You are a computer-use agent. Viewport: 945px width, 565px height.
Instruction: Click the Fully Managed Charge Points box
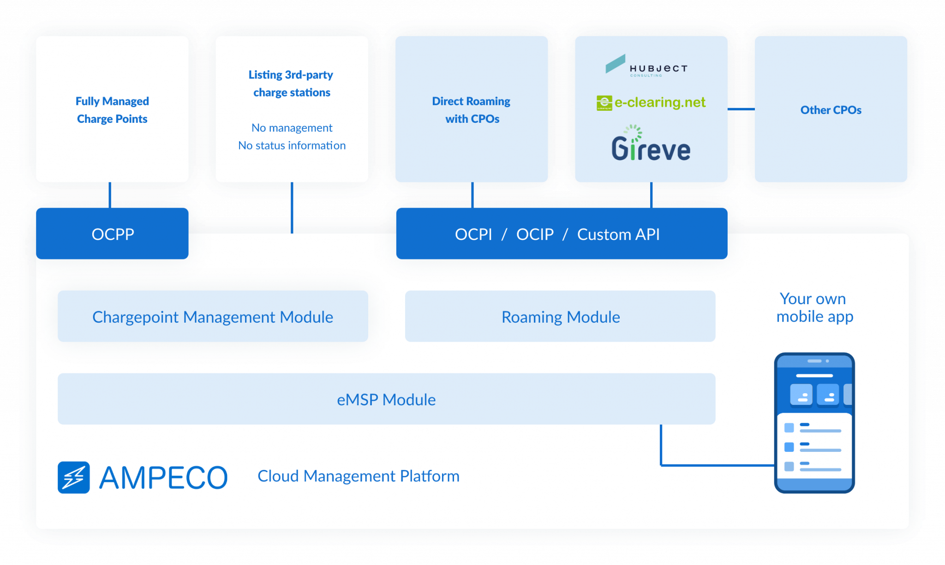[x=112, y=109]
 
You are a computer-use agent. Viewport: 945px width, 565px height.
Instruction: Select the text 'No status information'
[x=292, y=145]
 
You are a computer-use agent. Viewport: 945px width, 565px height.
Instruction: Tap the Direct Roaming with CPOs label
[x=472, y=110]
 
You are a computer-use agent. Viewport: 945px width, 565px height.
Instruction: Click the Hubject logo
[x=646, y=66]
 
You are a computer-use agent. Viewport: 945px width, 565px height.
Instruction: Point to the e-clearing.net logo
[x=651, y=102]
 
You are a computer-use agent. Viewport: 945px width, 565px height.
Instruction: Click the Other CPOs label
[x=831, y=110]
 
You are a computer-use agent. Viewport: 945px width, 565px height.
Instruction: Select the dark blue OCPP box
[x=112, y=234]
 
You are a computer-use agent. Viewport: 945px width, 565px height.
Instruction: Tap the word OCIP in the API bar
[x=535, y=234]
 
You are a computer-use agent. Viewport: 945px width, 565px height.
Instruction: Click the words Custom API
[x=618, y=234]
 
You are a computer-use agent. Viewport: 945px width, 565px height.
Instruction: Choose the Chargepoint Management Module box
[x=213, y=317]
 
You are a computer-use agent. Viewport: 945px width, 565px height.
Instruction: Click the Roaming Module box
[x=560, y=317]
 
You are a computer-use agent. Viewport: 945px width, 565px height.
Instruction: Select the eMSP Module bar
[x=386, y=399]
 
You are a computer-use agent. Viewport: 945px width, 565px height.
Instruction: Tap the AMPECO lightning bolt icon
[x=74, y=477]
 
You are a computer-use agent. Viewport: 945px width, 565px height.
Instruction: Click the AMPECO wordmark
[x=163, y=477]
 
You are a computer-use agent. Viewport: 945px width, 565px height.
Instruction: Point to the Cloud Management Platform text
[x=359, y=476]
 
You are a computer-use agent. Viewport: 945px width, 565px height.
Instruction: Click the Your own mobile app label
[x=814, y=307]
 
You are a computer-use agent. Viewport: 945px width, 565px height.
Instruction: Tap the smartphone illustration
[x=814, y=422]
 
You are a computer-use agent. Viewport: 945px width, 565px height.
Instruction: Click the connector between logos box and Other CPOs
[x=741, y=109]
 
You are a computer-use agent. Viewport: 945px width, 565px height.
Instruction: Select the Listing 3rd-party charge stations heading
[x=291, y=84]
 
